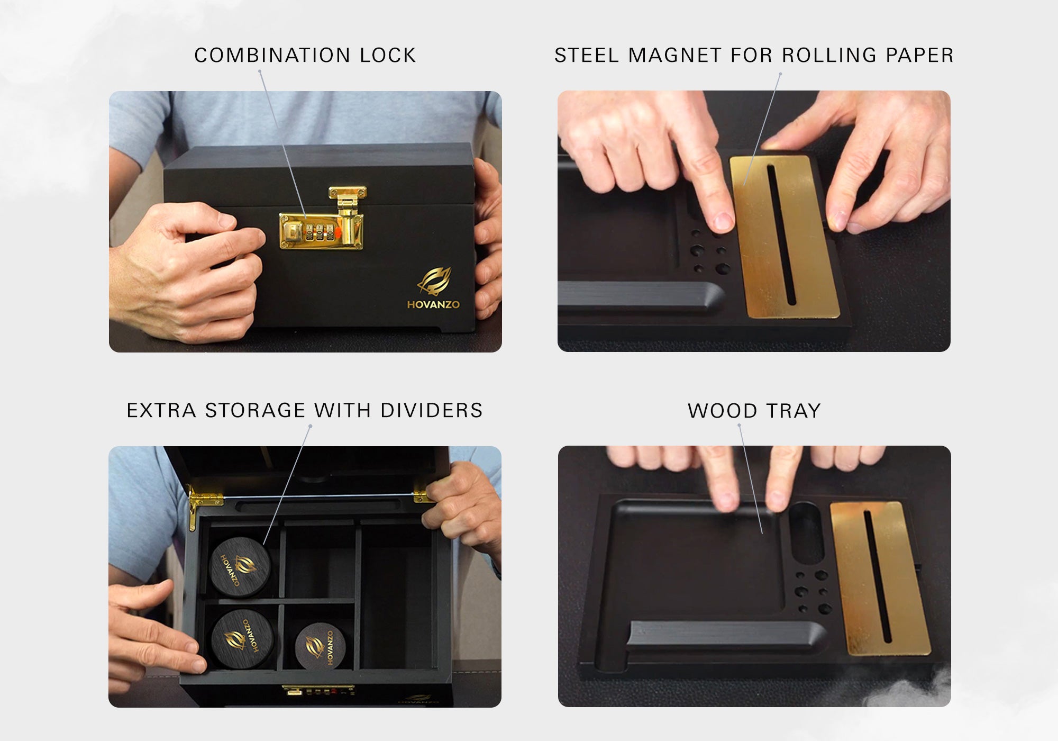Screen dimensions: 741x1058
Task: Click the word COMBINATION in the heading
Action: point(272,56)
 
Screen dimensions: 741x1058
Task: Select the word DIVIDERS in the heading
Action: point(431,411)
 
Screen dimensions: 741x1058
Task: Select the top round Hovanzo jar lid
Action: point(240,567)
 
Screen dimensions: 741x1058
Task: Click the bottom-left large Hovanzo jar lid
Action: point(242,639)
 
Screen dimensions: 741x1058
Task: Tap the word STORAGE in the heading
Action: point(255,411)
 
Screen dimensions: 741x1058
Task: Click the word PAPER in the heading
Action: point(920,56)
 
